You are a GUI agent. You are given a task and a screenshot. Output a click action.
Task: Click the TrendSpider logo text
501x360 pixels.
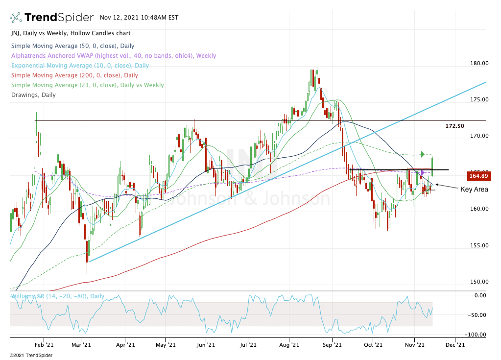(x=59, y=18)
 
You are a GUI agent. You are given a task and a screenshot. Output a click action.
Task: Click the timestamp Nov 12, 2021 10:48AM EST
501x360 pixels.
(x=139, y=18)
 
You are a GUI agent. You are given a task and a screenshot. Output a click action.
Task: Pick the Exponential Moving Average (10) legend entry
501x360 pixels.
(x=79, y=66)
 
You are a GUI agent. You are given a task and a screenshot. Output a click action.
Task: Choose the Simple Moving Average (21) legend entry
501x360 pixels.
(x=87, y=85)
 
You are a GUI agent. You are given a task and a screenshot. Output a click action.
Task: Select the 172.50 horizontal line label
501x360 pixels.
(x=454, y=126)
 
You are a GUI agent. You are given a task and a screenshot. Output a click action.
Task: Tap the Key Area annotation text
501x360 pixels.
(x=474, y=190)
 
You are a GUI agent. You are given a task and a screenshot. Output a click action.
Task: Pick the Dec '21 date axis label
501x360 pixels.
(x=455, y=344)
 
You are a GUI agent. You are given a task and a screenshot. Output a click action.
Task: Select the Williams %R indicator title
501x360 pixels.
(x=57, y=296)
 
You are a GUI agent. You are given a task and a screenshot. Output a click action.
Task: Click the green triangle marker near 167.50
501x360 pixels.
(x=422, y=155)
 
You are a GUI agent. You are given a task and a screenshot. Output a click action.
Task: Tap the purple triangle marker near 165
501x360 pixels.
(x=423, y=172)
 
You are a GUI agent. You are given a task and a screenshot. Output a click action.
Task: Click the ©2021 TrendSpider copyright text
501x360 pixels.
(x=31, y=355)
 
